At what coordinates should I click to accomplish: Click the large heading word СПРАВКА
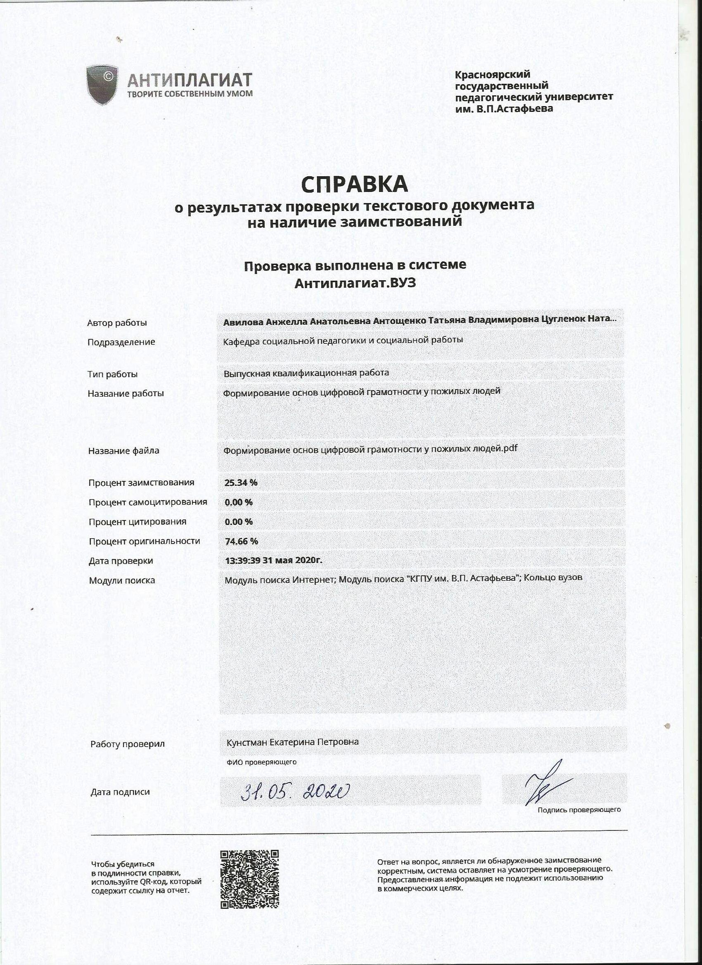click(354, 184)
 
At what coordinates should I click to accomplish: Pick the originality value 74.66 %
click(242, 541)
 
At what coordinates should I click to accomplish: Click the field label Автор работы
click(117, 323)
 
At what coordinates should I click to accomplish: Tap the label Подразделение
click(121, 342)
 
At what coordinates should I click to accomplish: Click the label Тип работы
click(112, 374)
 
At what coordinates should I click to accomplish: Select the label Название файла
click(123, 451)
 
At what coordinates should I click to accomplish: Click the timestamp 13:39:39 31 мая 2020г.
click(273, 561)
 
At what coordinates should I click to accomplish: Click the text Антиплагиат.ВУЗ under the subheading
click(355, 284)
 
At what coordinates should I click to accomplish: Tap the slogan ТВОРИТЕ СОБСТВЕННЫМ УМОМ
click(190, 94)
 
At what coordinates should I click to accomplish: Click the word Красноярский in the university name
click(493, 75)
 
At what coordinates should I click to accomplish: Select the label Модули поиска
click(122, 580)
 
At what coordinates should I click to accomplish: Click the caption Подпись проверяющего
click(579, 810)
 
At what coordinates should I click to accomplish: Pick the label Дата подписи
click(120, 792)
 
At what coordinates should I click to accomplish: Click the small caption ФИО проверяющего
click(261, 762)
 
